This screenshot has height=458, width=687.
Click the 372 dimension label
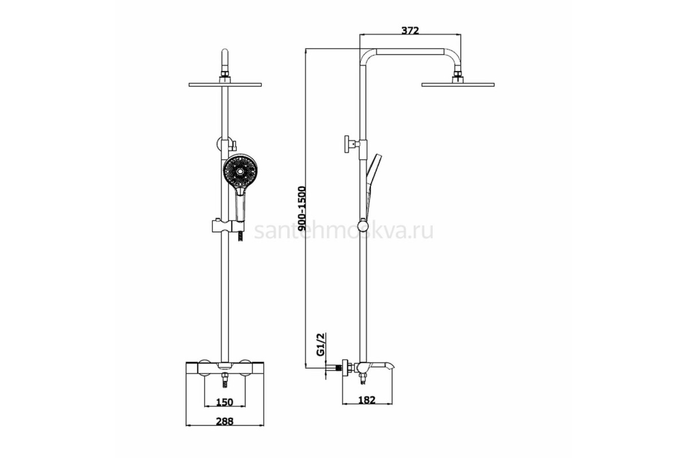(410, 30)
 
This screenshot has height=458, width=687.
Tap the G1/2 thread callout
(321, 345)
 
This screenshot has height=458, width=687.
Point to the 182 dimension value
(366, 400)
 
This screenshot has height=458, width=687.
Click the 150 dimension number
(224, 402)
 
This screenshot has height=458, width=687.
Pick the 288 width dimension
(224, 421)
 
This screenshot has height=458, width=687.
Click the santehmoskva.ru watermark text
(344, 231)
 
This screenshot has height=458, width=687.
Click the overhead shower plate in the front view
(225, 85)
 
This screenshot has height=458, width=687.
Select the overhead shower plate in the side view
(458, 84)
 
